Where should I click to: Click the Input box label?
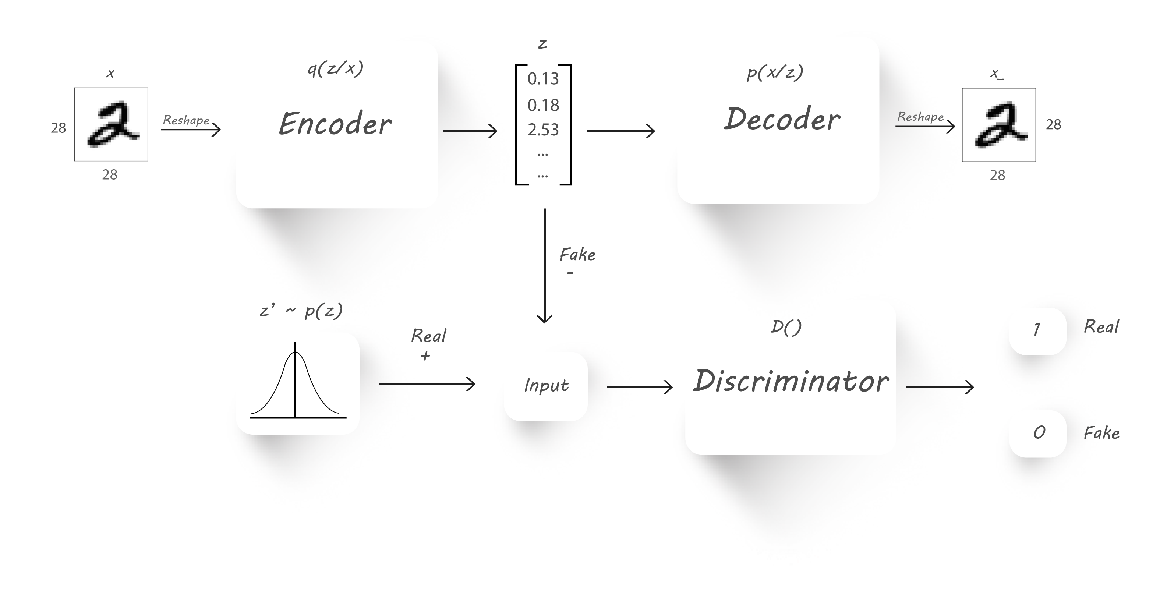click(x=546, y=386)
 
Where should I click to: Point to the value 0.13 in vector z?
click(x=543, y=79)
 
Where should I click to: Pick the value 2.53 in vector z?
click(x=543, y=130)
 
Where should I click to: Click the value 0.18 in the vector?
click(x=543, y=105)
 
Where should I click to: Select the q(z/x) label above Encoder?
click(x=335, y=68)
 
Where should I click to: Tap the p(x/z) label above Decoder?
click(x=775, y=72)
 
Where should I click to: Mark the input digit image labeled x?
click(x=111, y=124)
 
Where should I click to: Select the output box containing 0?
click(x=1038, y=433)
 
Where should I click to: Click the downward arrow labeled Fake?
click(x=545, y=265)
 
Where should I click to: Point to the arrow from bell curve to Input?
click(x=427, y=384)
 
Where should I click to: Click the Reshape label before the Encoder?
click(x=186, y=120)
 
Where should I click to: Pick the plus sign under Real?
click(x=425, y=356)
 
